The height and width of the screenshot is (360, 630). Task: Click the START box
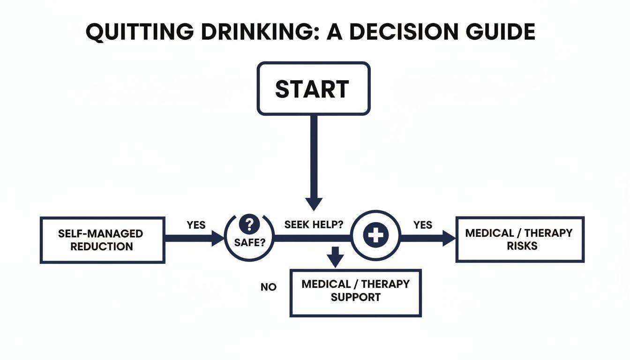coord(314,89)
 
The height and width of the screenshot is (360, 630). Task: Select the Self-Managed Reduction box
coord(102,240)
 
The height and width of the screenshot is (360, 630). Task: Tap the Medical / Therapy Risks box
coord(520,239)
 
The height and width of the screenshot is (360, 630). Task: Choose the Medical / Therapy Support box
coord(355,292)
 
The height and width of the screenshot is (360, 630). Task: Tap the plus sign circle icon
coord(375,236)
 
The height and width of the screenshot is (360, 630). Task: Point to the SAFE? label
coord(250,244)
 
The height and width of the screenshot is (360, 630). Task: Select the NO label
coord(269,287)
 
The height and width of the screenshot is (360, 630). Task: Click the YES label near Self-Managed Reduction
coord(196,225)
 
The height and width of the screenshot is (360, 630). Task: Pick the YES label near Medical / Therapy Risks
coord(423,225)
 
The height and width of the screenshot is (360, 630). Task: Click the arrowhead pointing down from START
coord(314,203)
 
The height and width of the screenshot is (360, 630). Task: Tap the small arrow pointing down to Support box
coord(335,259)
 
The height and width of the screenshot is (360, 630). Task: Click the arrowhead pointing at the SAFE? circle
coord(218,238)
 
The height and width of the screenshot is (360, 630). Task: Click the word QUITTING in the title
coord(140,32)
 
